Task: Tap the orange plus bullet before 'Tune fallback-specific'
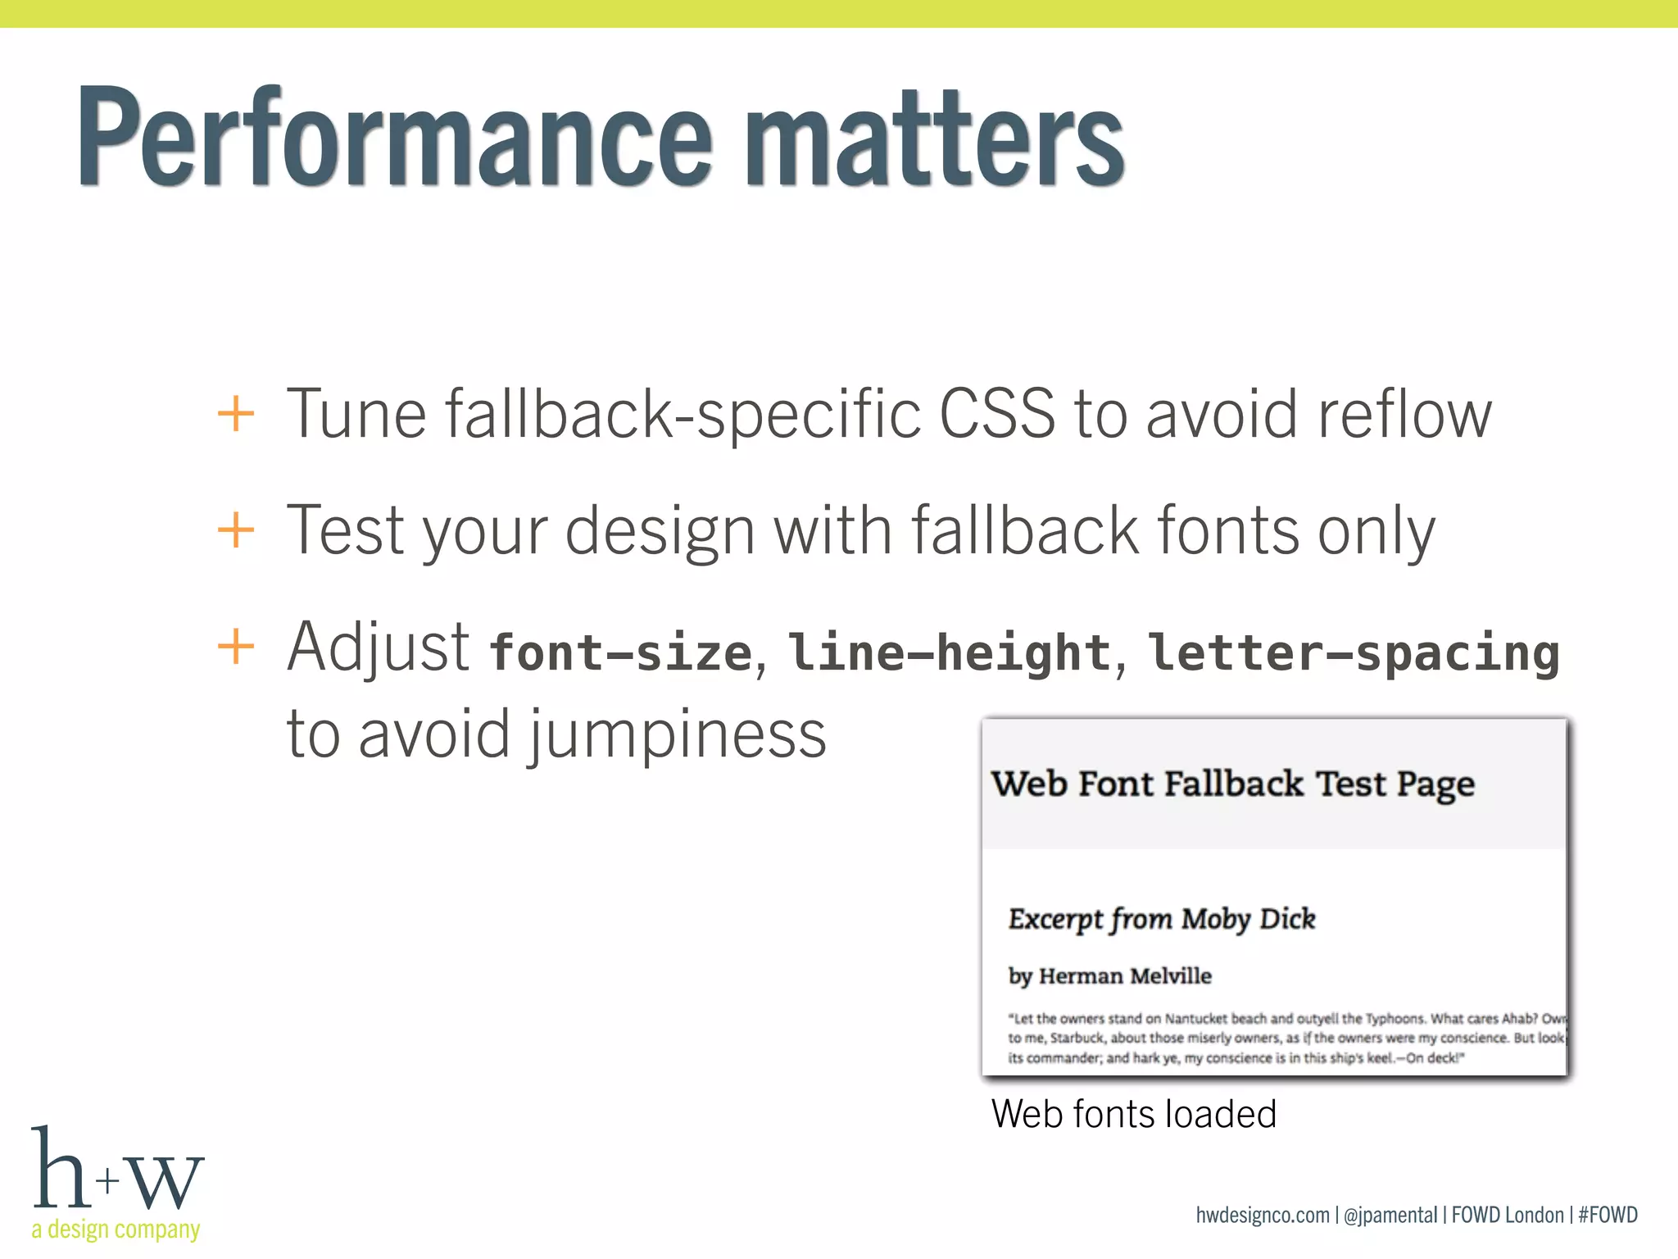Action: pos(236,413)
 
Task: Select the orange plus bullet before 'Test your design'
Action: pos(236,530)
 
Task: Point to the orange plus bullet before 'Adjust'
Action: pos(236,647)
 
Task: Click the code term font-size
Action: pos(620,653)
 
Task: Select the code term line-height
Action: pos(949,653)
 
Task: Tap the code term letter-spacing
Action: pos(1354,653)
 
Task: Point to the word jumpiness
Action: pos(675,734)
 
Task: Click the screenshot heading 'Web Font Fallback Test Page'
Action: pos(1232,784)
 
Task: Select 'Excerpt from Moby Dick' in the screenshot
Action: pos(1162,920)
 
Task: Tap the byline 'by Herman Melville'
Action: pos(1109,976)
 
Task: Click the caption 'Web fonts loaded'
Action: pos(1133,1114)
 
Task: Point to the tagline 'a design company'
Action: pos(116,1229)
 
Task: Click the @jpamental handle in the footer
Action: pos(1390,1215)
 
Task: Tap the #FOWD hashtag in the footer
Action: pos(1608,1215)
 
